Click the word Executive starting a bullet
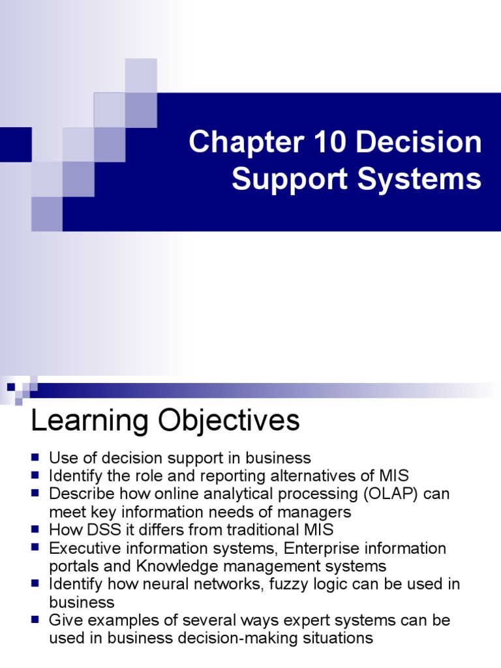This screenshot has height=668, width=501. click(x=83, y=548)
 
